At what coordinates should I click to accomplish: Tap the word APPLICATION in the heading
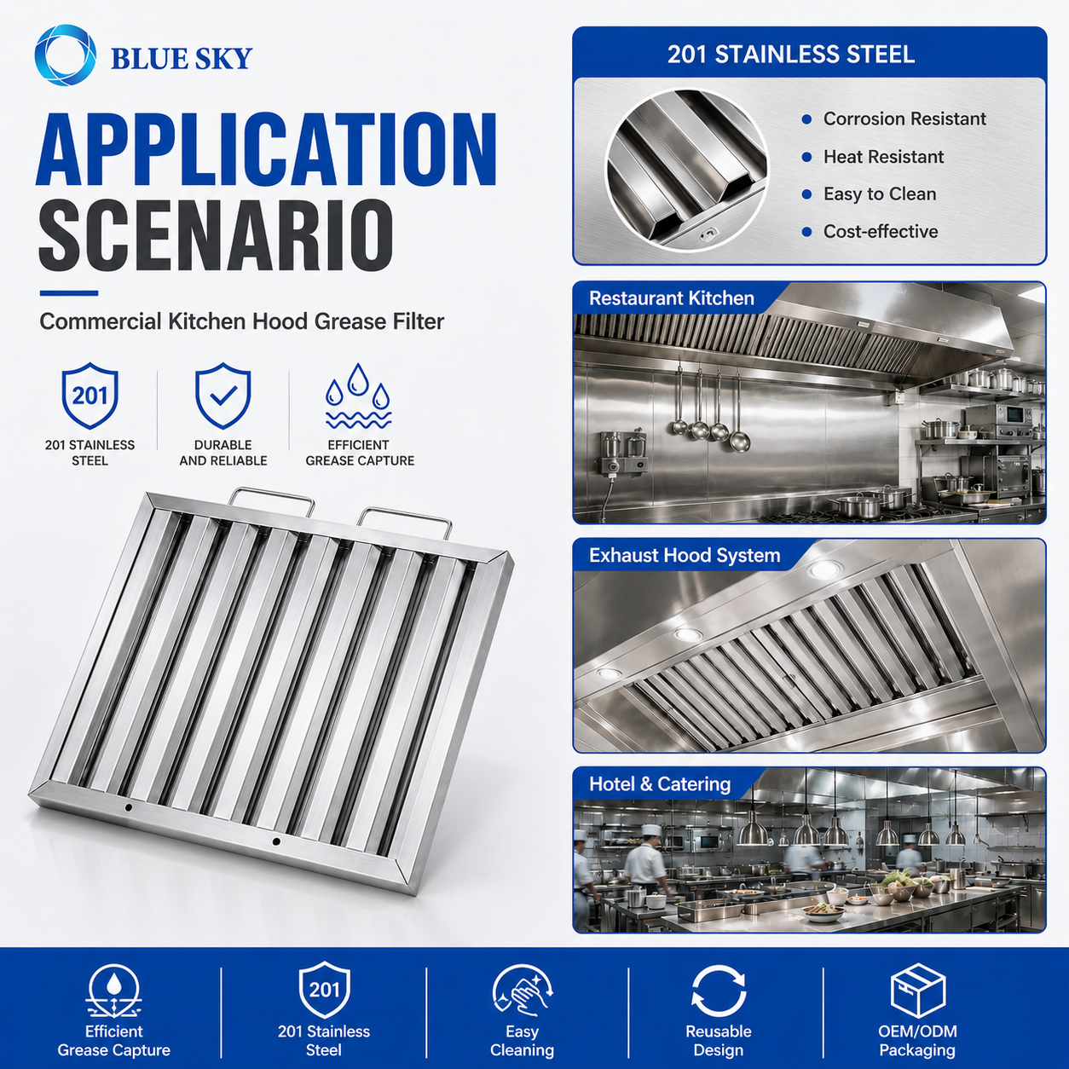pos(266,149)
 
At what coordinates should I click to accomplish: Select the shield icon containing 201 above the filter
pos(90,396)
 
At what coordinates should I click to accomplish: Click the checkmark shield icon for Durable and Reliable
pos(223,396)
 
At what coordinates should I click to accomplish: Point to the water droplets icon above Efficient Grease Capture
pos(358,396)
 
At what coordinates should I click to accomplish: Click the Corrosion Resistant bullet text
pos(904,118)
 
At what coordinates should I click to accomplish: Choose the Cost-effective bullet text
pos(881,231)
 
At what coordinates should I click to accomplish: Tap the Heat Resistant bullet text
pos(883,157)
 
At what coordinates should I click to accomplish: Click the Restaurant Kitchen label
pos(671,298)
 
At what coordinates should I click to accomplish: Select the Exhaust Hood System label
pos(685,555)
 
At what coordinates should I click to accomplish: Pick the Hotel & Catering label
pos(660,784)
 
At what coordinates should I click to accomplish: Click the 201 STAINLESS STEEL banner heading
pos(790,55)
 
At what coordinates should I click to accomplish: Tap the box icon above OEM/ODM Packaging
pos(917,991)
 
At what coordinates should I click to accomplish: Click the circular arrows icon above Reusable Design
pos(719,991)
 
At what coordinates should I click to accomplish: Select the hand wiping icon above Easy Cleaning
pos(522,991)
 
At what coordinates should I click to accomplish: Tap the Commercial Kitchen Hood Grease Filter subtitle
pos(242,321)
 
